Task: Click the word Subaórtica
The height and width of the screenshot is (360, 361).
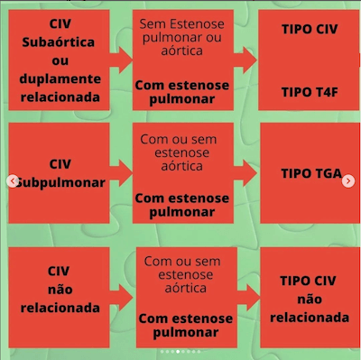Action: (61, 43)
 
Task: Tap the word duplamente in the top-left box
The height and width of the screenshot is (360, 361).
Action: (61, 78)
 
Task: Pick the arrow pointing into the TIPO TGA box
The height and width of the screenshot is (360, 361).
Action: (246, 173)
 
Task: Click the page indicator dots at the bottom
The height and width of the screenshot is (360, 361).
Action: (180, 351)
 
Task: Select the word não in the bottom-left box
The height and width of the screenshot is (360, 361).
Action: (60, 289)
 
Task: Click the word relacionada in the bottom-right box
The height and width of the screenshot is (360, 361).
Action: (308, 318)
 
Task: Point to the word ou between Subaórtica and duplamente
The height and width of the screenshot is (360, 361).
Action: (61, 60)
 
